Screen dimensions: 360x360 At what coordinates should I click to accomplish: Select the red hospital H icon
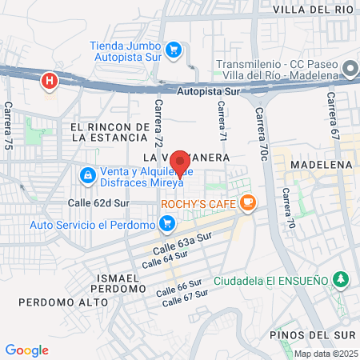coord(50,81)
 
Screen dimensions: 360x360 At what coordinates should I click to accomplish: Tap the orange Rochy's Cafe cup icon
coord(248,203)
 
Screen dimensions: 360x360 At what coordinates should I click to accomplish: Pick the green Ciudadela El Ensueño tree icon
coord(342,279)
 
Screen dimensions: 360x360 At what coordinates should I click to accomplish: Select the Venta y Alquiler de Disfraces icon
coord(86,174)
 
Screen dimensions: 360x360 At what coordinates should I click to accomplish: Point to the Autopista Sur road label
coord(208,92)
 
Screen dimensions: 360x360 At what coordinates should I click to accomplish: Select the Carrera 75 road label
coord(9,127)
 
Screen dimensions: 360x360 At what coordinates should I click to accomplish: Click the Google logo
coord(27,350)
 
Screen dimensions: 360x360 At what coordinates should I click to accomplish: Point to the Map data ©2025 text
coord(326,354)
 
